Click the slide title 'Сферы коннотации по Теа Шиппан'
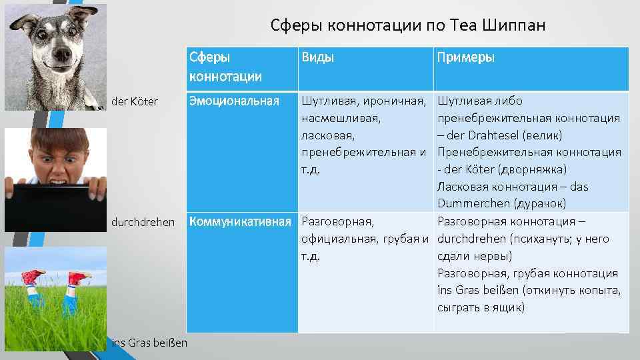point(408,25)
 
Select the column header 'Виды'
point(318,57)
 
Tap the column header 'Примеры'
point(465,57)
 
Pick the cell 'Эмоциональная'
point(234,101)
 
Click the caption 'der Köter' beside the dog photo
point(136,101)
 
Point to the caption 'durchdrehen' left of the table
point(143,221)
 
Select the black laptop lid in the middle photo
point(53,207)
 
